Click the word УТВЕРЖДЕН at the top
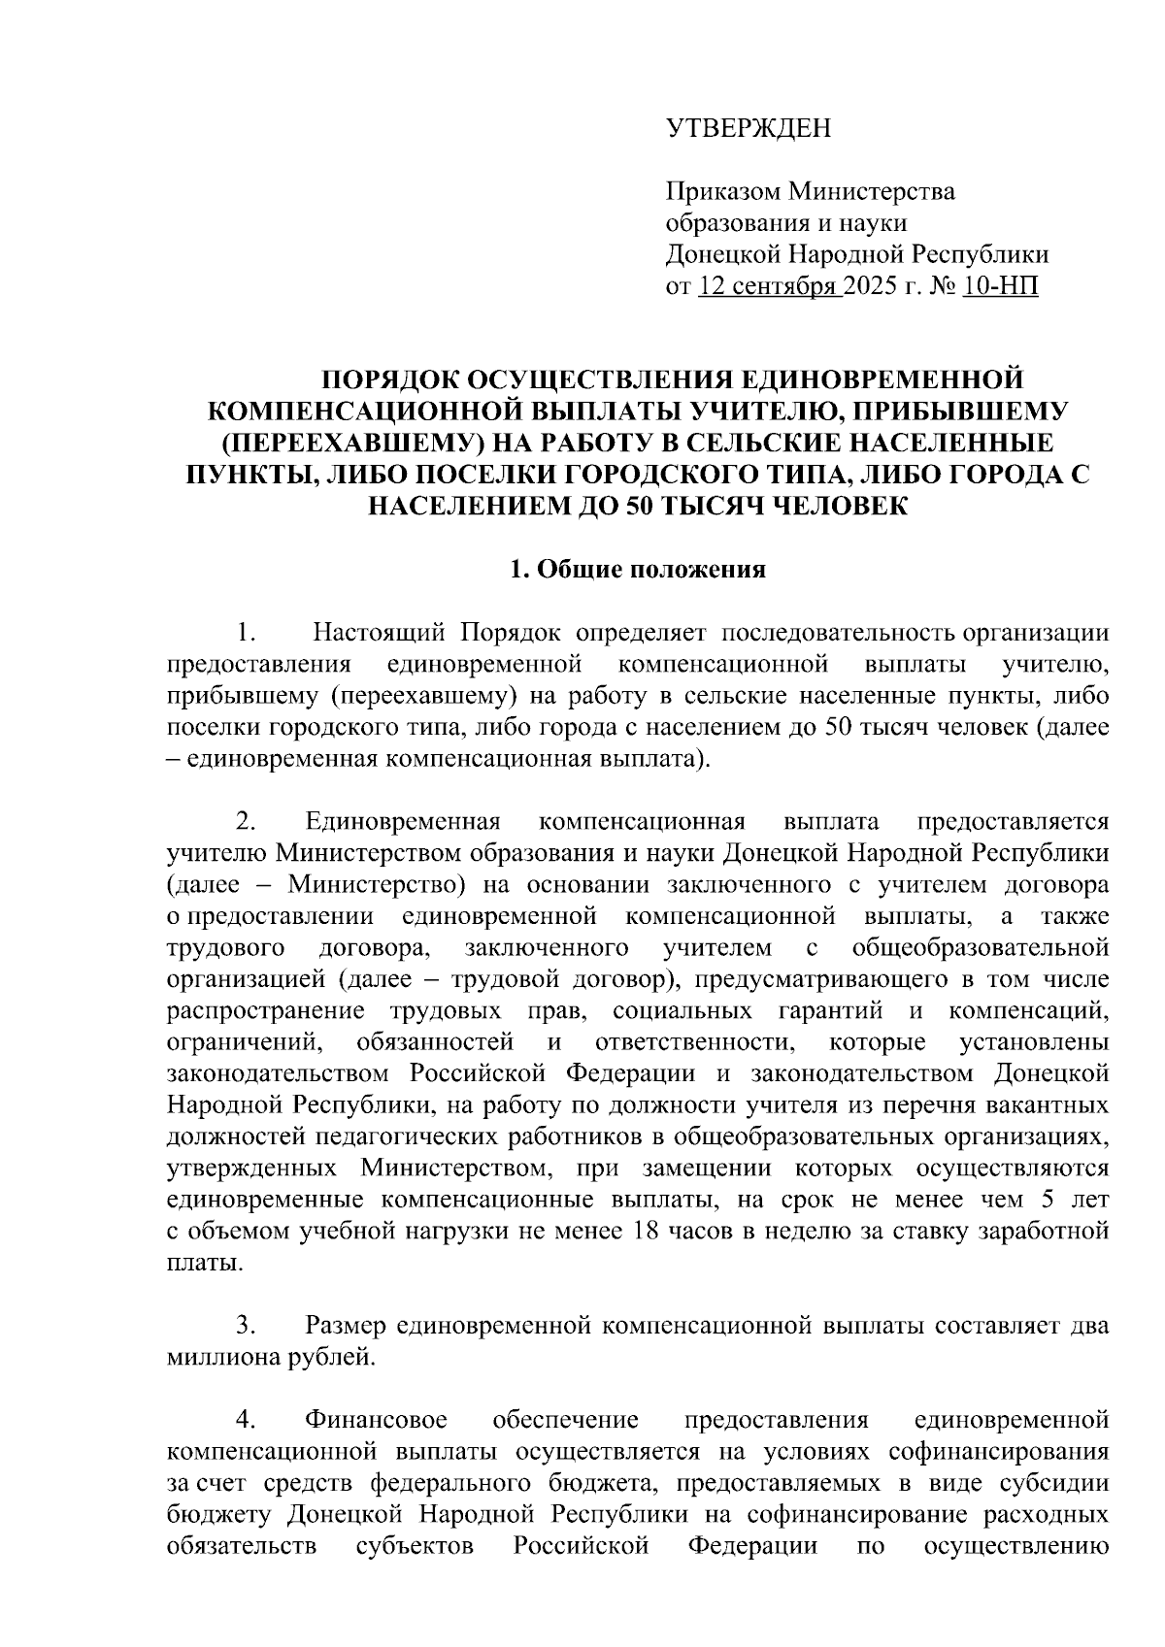click(748, 129)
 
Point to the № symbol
click(939, 286)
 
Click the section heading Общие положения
click(650, 571)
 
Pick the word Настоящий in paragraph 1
click(380, 634)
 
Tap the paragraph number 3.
click(244, 1325)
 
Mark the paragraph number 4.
click(244, 1420)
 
